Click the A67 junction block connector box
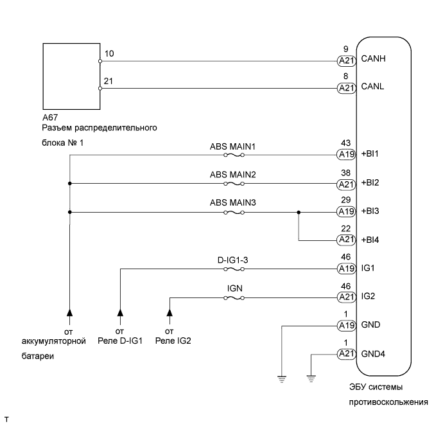point(71,75)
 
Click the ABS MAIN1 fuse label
point(232,146)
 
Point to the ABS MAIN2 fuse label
point(232,174)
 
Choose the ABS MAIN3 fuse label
point(232,203)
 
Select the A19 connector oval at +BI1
point(347,155)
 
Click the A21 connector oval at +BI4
point(347,240)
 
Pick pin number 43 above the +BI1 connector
point(347,144)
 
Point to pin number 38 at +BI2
point(347,172)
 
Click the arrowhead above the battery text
point(69,313)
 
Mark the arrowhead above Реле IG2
point(169,313)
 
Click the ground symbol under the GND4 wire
point(311,378)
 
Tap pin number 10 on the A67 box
point(109,53)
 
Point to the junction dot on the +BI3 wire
point(299,211)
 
